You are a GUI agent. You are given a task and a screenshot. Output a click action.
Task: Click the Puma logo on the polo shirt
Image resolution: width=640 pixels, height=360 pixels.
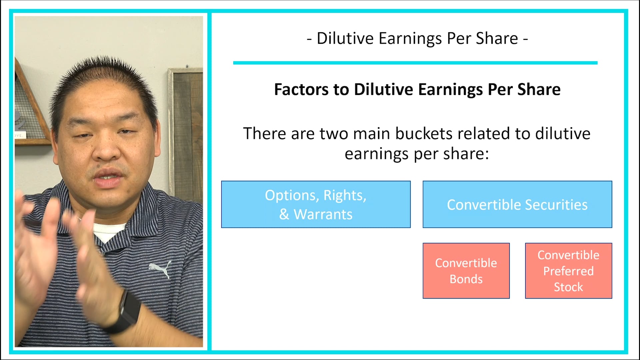point(160,269)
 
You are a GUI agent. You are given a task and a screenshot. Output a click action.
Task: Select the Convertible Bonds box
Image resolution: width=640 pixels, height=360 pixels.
point(466,271)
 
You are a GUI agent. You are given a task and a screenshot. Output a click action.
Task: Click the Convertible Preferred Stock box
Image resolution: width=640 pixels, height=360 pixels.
point(568,271)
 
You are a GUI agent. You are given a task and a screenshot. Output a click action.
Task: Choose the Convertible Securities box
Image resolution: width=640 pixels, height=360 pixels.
point(517,204)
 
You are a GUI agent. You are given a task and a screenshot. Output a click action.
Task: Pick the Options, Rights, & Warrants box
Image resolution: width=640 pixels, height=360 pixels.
point(316,204)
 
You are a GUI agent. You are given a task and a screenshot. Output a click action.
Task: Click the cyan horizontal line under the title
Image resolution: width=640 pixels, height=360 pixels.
point(415,63)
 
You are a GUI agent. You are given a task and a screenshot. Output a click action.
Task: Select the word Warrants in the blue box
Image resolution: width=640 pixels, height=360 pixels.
point(323,214)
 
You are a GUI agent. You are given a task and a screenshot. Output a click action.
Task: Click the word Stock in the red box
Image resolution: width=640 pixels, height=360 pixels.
point(568,287)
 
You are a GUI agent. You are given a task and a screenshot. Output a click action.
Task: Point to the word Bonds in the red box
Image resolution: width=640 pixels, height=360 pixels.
point(466,279)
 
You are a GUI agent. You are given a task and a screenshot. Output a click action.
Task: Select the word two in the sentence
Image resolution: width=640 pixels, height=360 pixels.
point(334,134)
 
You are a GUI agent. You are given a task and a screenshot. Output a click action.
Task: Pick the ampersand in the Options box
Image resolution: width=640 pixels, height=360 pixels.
point(284,214)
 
